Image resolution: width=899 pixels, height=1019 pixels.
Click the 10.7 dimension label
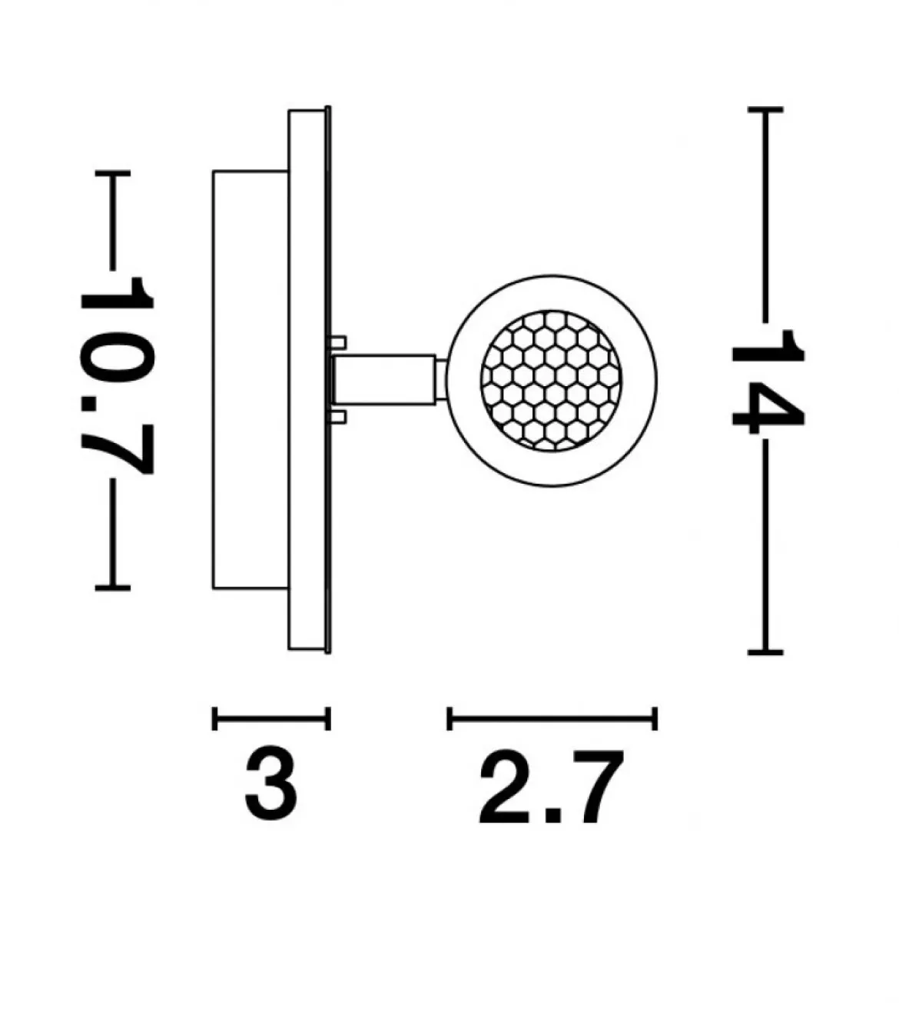[117, 376]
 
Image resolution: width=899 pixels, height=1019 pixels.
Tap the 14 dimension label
[768, 381]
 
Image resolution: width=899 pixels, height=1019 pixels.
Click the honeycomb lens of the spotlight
[551, 381]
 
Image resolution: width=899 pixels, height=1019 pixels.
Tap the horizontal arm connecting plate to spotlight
[384, 379]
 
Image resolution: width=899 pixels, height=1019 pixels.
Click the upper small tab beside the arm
[337, 342]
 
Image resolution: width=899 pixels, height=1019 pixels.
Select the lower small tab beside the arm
[337, 417]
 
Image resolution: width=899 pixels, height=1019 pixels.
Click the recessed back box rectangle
[250, 380]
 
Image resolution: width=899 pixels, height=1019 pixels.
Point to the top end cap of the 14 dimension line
[765, 110]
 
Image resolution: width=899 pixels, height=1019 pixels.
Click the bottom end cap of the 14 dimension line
[765, 653]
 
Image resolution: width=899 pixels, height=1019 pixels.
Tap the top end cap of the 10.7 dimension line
[112, 174]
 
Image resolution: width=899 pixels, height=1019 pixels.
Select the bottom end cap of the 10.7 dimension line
[112, 588]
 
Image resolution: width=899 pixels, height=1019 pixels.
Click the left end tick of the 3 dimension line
[214, 718]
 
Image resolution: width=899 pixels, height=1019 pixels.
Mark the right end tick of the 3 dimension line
[328, 718]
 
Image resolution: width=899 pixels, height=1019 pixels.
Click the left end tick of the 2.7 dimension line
[449, 718]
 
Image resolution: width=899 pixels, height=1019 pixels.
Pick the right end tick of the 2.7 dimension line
[655, 718]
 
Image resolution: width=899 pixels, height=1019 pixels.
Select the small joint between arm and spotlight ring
[441, 380]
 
